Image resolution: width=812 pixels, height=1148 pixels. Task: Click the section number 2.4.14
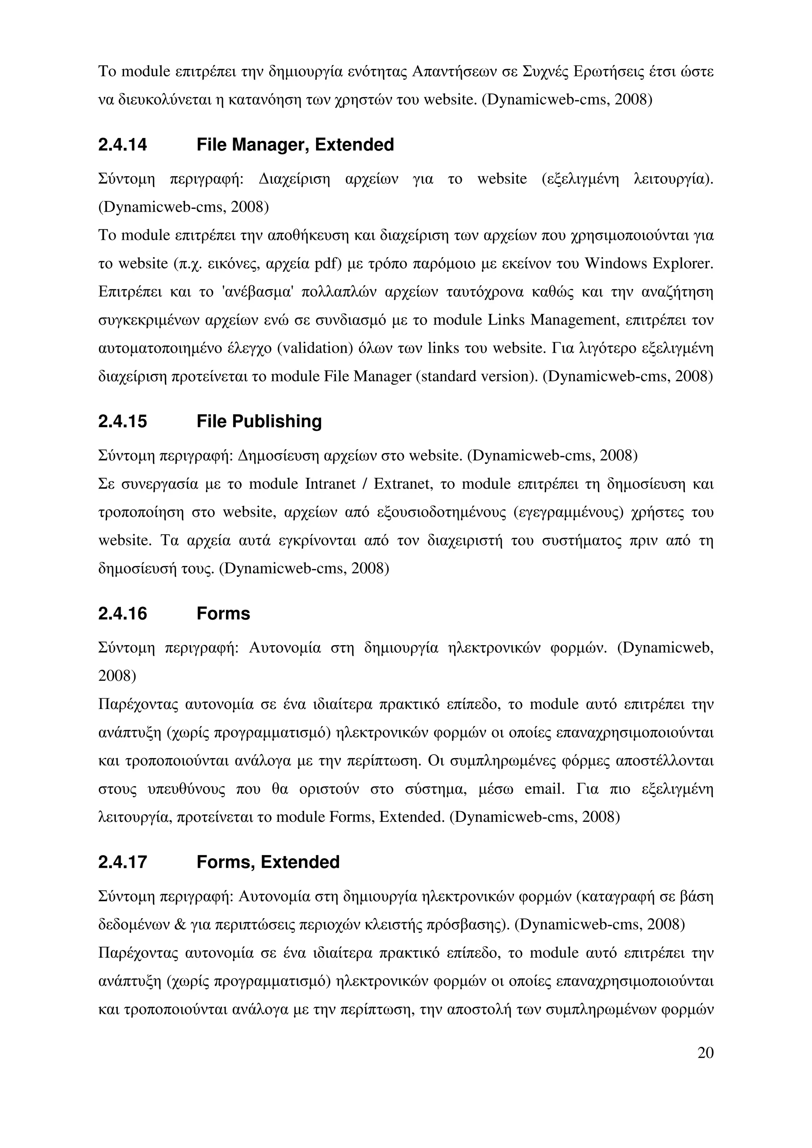click(x=123, y=145)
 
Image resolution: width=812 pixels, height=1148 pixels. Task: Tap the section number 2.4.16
click(x=123, y=613)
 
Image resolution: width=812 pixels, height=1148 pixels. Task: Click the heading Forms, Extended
click(x=268, y=862)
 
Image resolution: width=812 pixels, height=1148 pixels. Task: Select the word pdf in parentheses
click(x=327, y=264)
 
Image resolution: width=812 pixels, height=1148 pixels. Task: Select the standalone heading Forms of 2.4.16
click(x=223, y=613)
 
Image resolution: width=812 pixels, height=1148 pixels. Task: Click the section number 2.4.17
click(x=123, y=862)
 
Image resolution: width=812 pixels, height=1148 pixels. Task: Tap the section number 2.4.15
click(x=123, y=422)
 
